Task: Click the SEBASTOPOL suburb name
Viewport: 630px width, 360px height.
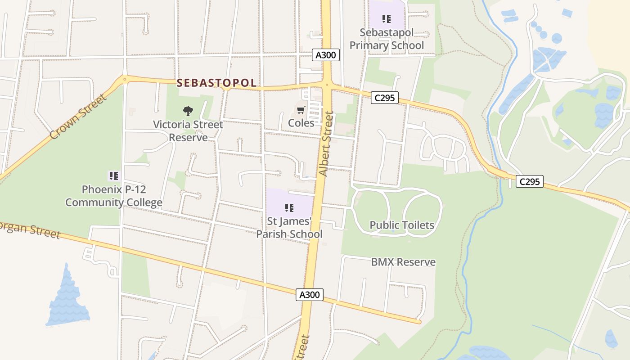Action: pyautogui.click(x=216, y=83)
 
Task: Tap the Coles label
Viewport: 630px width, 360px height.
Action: pyautogui.click(x=301, y=123)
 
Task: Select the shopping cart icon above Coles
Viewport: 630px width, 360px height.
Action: pyautogui.click(x=301, y=110)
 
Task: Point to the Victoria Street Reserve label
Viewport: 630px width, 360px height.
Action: pyautogui.click(x=188, y=130)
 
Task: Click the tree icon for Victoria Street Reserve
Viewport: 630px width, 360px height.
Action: pyautogui.click(x=188, y=111)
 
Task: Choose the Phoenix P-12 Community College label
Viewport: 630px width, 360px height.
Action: pyautogui.click(x=113, y=196)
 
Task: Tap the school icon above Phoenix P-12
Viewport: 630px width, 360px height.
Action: pyautogui.click(x=113, y=176)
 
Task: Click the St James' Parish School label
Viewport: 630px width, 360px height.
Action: pyautogui.click(x=289, y=228)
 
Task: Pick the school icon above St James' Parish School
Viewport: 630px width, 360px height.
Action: pyautogui.click(x=289, y=207)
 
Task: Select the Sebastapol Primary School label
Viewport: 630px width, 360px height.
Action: pyautogui.click(x=387, y=39)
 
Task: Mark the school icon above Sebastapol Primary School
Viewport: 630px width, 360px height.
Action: pyautogui.click(x=387, y=19)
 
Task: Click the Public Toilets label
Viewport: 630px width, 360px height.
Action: pyautogui.click(x=402, y=225)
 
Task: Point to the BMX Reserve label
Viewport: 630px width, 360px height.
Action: pyautogui.click(x=403, y=262)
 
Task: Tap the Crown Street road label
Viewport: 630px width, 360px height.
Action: pyautogui.click(x=78, y=117)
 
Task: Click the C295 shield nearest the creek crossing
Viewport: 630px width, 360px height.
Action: pyautogui.click(x=529, y=182)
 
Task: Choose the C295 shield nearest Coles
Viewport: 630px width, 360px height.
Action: pyautogui.click(x=385, y=98)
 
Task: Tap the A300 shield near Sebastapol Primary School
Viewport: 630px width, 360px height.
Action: pyautogui.click(x=326, y=55)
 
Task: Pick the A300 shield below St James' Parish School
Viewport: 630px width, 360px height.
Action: pyautogui.click(x=310, y=295)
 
